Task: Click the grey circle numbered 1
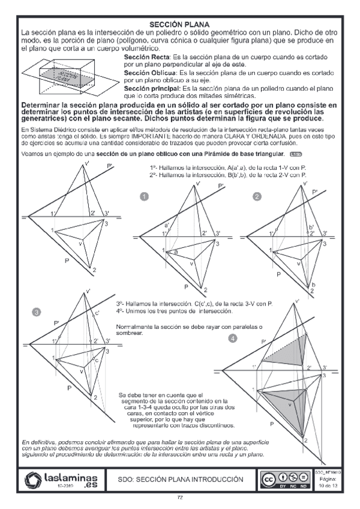click(x=144, y=196)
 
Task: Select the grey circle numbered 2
click(x=257, y=196)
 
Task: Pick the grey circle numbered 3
click(x=37, y=312)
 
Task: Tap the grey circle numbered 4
click(x=233, y=339)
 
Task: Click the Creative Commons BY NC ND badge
click(x=284, y=480)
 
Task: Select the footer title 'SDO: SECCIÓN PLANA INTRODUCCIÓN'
click(x=180, y=480)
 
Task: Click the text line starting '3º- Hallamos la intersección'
click(x=194, y=304)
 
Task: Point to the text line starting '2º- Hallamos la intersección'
click(x=228, y=175)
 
